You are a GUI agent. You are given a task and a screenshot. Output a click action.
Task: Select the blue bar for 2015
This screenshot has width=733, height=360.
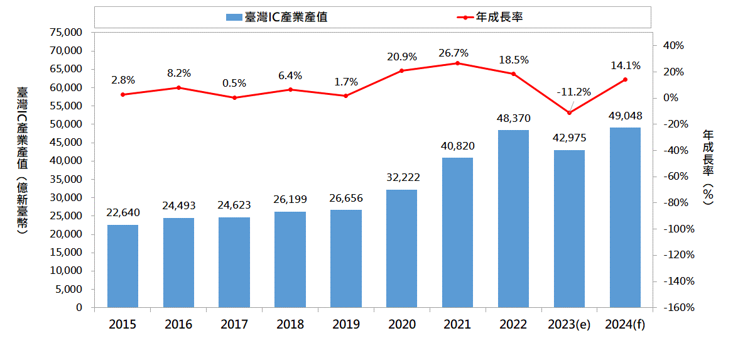[x=122, y=266]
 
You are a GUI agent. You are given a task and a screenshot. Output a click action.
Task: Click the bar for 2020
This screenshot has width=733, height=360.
[x=401, y=249]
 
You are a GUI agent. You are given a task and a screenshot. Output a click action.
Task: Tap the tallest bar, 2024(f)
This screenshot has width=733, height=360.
[x=625, y=217]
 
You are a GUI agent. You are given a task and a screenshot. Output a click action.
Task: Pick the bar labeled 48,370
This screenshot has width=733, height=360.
[x=513, y=219]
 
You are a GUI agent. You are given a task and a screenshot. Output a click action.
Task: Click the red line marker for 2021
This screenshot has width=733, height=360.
[x=457, y=63]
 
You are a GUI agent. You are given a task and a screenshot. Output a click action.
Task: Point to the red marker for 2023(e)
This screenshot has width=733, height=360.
[x=569, y=113]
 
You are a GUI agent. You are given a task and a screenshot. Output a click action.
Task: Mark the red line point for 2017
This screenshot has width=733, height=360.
[x=234, y=97]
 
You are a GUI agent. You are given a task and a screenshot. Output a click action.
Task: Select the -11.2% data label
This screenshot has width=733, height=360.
[x=573, y=92]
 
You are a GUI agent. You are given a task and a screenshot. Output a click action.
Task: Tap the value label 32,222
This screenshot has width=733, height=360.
[x=402, y=178]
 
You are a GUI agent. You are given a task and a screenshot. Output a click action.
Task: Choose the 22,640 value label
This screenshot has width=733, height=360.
[x=123, y=213]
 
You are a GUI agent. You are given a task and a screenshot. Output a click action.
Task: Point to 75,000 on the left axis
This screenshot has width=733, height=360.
[x=65, y=33]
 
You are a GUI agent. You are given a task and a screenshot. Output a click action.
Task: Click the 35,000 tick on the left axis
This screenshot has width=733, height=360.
[x=65, y=180]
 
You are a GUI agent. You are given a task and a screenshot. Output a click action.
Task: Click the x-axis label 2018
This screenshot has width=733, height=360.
[x=290, y=325]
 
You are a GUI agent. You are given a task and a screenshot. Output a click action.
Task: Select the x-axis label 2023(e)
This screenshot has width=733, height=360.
[x=569, y=325]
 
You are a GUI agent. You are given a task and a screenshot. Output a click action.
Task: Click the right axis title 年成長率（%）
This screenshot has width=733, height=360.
[x=708, y=165]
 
